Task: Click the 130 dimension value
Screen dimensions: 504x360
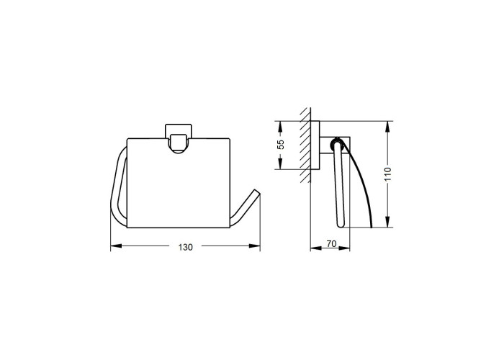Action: click(186, 247)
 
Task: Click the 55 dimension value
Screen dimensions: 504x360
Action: click(281, 145)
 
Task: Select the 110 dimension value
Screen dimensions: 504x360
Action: click(389, 174)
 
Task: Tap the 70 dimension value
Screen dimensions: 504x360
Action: click(331, 244)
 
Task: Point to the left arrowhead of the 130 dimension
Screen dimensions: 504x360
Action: click(116, 246)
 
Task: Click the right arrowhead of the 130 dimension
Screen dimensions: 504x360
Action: click(255, 246)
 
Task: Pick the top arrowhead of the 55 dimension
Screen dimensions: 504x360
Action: click(280, 126)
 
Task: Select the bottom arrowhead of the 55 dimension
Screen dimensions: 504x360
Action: click(280, 163)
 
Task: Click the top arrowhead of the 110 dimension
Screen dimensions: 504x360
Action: click(388, 126)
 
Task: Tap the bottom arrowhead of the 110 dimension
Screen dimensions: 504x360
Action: click(388, 222)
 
